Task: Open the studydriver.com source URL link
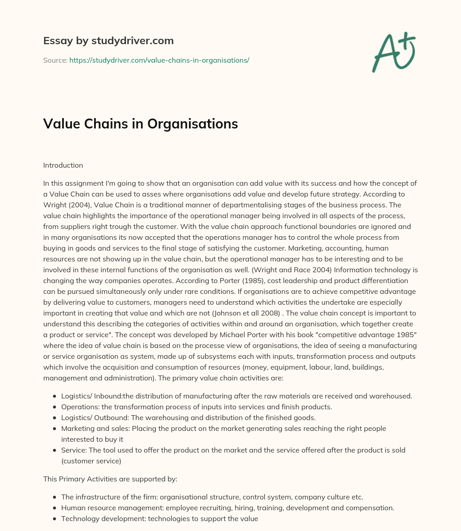tap(159, 60)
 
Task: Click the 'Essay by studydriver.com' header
tap(108, 41)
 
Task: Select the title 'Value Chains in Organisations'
tap(140, 124)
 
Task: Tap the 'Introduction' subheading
tap(63, 165)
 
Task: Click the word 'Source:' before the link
tap(55, 60)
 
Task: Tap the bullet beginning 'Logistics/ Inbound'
tap(90, 396)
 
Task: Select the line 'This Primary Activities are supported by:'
tap(110, 479)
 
